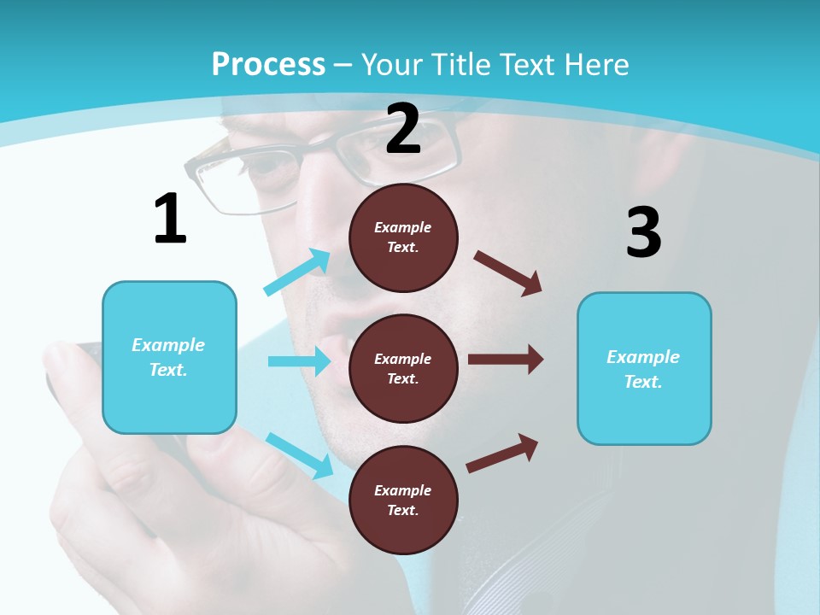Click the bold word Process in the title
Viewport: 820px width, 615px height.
(x=268, y=64)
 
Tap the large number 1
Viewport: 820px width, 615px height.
(x=170, y=219)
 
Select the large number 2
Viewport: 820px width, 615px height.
(x=403, y=129)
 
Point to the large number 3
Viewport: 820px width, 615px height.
(x=643, y=232)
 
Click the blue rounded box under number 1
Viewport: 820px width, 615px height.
(x=169, y=357)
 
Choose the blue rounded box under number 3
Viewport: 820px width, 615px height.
(x=644, y=368)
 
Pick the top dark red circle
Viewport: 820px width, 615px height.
(x=403, y=237)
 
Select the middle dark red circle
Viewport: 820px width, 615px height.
(x=403, y=368)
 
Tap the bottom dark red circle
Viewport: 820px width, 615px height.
(x=403, y=500)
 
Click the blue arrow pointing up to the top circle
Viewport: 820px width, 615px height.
(x=297, y=272)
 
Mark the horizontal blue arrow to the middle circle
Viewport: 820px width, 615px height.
(x=299, y=361)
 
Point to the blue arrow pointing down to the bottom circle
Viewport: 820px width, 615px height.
(x=299, y=455)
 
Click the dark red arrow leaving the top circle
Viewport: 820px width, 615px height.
(x=508, y=273)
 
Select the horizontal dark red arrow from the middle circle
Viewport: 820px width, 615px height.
(x=506, y=360)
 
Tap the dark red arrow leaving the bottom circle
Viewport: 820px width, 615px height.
(x=503, y=453)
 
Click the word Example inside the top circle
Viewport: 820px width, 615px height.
(x=403, y=227)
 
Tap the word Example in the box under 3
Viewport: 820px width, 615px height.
(x=643, y=357)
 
